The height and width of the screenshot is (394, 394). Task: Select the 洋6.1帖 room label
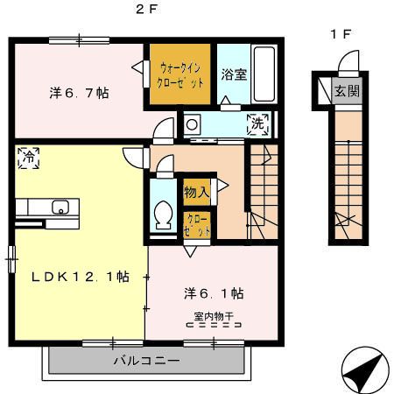click(213, 292)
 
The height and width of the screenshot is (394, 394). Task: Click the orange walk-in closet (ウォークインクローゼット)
click(180, 75)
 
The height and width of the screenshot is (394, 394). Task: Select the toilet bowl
click(163, 214)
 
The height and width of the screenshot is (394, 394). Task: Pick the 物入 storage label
click(195, 190)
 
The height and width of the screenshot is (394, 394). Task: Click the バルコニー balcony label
click(146, 361)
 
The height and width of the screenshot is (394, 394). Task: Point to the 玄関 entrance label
click(347, 89)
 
